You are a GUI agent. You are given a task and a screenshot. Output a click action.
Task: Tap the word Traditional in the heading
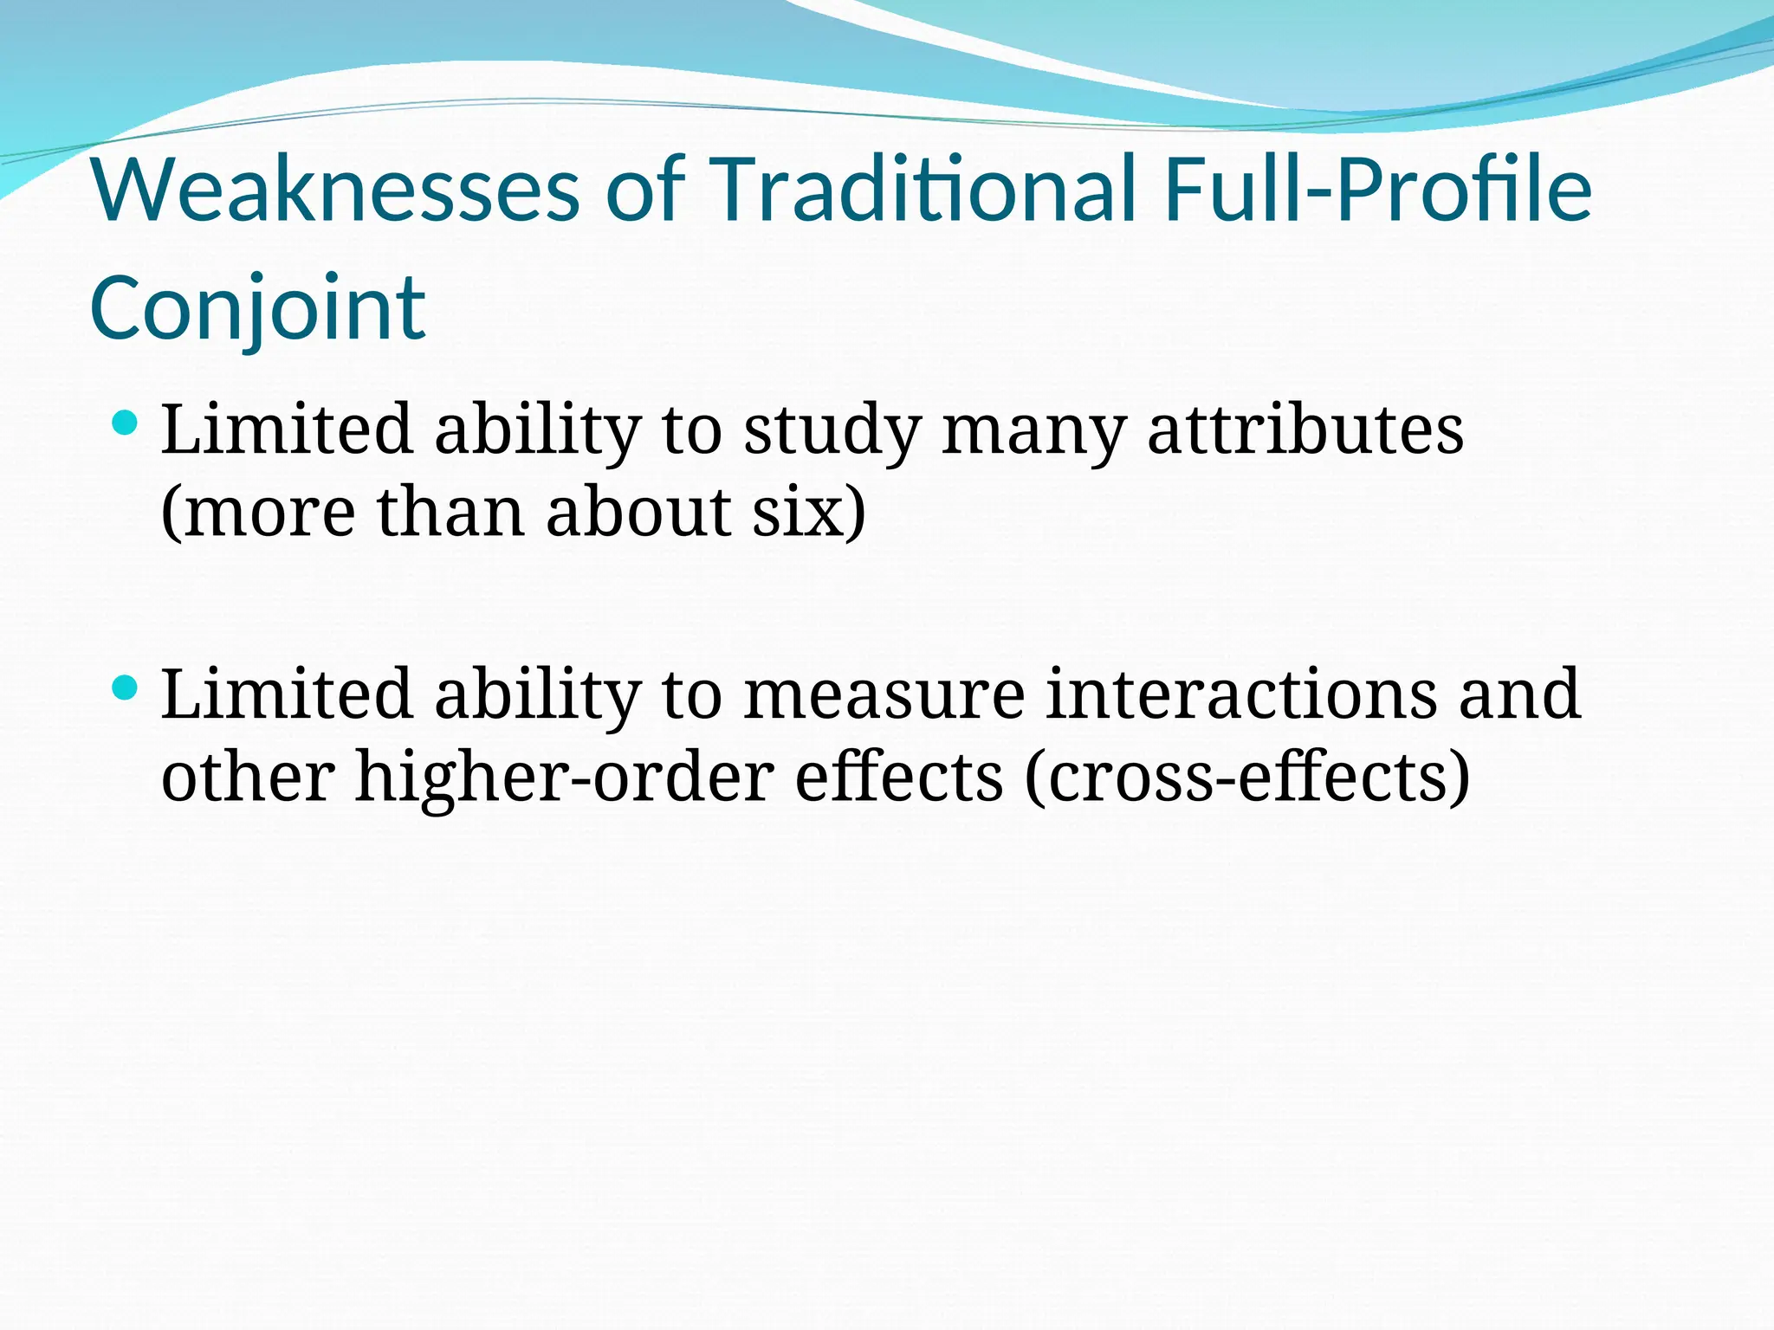[923, 189]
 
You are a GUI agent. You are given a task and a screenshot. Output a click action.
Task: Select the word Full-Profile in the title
[1378, 189]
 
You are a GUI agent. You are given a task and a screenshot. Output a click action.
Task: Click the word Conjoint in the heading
[257, 308]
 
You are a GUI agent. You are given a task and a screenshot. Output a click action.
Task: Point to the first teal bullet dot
[126, 423]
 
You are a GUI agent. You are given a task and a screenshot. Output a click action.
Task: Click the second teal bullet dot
[126, 688]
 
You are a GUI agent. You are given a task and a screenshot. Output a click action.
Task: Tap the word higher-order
[565, 777]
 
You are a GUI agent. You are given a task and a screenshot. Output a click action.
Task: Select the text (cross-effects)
[1247, 777]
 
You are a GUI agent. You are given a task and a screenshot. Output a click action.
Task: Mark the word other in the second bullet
[248, 777]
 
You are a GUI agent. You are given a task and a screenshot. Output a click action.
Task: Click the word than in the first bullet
[450, 512]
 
